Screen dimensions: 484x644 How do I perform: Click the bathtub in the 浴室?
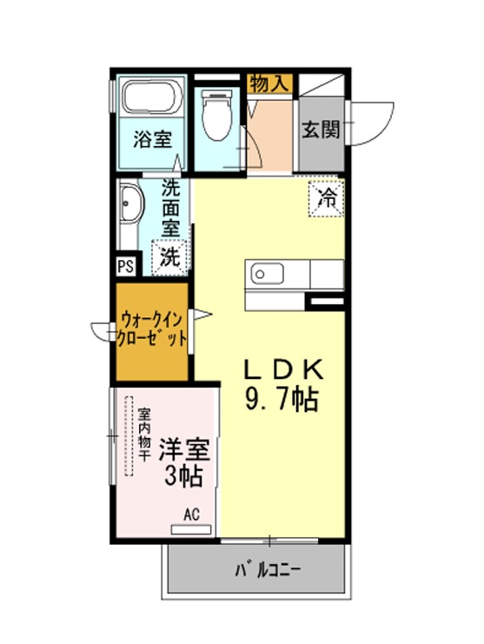(152, 97)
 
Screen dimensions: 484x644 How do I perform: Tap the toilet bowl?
(217, 116)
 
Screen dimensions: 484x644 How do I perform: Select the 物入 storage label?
(269, 83)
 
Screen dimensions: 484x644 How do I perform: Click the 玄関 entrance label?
(321, 130)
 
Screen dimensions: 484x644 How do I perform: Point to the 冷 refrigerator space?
(327, 199)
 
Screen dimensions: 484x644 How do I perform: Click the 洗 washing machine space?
(169, 257)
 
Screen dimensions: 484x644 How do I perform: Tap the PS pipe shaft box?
(127, 266)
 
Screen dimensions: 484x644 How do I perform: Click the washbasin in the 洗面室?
(130, 204)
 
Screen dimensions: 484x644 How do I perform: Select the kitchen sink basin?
(268, 274)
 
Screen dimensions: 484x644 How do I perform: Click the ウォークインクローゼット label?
(151, 329)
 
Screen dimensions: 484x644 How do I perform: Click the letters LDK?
(284, 369)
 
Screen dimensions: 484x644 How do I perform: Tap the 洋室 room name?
(184, 450)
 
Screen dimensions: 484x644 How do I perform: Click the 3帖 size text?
(183, 476)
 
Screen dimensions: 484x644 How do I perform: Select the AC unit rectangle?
(191, 530)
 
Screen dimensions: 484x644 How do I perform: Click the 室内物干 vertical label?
(143, 435)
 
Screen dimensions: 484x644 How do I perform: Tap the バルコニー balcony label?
(268, 570)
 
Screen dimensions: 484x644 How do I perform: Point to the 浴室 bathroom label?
(152, 139)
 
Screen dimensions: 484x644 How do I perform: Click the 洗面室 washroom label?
(171, 209)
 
